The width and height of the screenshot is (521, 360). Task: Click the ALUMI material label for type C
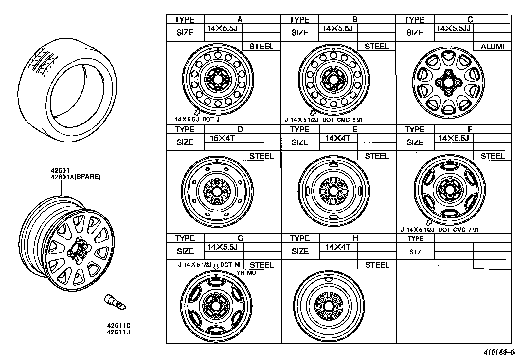click(x=492, y=47)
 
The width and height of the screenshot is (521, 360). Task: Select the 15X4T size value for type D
click(x=222, y=138)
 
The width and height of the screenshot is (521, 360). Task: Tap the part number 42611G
click(x=118, y=326)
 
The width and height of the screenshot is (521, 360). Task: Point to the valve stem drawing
click(x=115, y=302)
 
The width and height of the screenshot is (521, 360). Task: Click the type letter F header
click(x=470, y=129)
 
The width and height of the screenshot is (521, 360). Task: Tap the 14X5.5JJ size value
click(x=453, y=28)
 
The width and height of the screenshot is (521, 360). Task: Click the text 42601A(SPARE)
click(x=75, y=177)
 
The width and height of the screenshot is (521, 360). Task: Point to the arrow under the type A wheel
click(x=197, y=113)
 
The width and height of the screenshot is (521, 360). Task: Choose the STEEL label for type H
click(x=377, y=265)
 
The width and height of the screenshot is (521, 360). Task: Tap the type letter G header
click(x=240, y=238)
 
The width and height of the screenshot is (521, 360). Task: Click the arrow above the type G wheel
click(x=216, y=267)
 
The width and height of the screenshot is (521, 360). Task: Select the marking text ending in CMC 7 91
click(x=440, y=230)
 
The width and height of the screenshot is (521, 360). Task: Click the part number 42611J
click(x=118, y=332)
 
